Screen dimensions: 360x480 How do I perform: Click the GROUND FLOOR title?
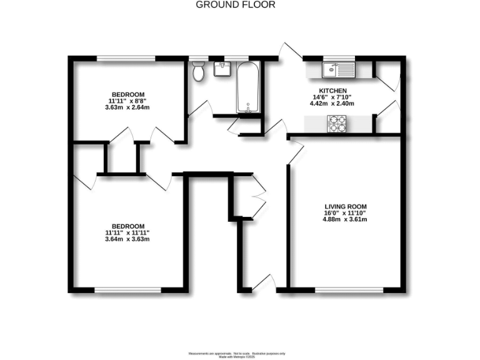235,4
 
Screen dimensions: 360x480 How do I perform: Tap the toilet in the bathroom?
199,71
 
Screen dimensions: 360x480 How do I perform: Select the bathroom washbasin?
222,69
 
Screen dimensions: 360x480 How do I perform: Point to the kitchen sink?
338,69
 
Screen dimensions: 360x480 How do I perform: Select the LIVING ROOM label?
345,207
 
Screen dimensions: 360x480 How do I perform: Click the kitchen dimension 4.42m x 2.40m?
332,104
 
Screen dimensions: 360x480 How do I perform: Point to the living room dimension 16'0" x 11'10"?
345,213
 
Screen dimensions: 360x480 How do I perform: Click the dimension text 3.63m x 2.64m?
131,107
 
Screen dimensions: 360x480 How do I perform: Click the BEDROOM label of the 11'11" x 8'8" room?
131,94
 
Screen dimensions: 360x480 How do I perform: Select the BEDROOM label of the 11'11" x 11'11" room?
127,226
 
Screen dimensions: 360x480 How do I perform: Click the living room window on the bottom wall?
349,289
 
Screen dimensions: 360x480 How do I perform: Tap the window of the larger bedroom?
127,289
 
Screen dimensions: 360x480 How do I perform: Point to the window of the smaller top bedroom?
126,59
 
